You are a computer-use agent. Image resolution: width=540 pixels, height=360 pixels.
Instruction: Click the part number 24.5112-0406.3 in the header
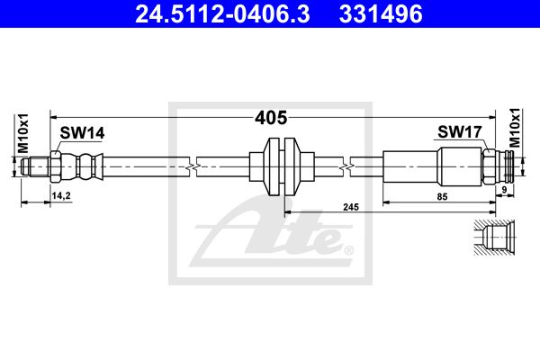coord(222,13)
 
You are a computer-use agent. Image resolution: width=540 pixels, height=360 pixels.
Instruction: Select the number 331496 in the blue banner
coord(381,13)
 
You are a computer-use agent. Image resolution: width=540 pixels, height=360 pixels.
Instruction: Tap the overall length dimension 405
coord(271,118)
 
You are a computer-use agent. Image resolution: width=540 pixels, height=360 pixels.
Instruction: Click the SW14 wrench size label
coord(82,133)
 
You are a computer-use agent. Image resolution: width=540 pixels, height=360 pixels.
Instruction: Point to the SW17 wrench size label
coord(460,131)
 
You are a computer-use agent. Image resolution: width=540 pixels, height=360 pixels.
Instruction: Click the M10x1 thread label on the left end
coord(23,133)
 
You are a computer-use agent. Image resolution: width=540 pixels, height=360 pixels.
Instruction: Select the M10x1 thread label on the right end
coord(515,128)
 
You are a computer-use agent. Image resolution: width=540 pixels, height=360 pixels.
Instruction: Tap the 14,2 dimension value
coord(61,195)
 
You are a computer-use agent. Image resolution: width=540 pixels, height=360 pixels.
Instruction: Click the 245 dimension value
coord(351,207)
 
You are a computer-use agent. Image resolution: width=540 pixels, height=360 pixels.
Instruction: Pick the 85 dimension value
coord(442,196)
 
